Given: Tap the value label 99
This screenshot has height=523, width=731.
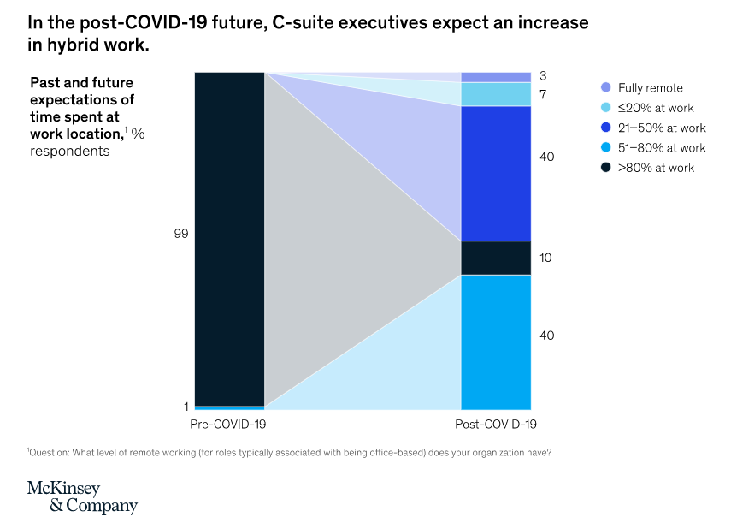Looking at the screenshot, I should tap(181, 233).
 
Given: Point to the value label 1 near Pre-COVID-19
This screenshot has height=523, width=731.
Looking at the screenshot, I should tap(186, 407).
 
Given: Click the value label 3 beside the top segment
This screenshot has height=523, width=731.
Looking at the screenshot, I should tap(543, 76).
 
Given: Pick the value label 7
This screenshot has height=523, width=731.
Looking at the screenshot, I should tap(543, 92).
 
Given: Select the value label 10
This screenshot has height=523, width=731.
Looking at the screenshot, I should tap(546, 258).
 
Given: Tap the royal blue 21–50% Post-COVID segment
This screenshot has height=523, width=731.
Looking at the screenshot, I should tap(496, 173).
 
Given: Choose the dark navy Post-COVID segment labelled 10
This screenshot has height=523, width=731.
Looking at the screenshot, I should tap(496, 258).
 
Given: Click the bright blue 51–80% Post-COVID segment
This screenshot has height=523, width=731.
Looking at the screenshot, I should tap(496, 342).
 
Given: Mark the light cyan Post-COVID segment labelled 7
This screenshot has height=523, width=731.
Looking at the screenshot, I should tap(496, 94).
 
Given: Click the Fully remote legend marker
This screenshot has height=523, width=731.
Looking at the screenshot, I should tap(606, 87).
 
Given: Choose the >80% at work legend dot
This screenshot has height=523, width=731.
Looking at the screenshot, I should tap(606, 167).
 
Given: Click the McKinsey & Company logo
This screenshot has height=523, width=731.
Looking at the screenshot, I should tap(82, 496).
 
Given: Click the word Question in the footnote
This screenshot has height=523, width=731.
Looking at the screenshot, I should tap(51, 452).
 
